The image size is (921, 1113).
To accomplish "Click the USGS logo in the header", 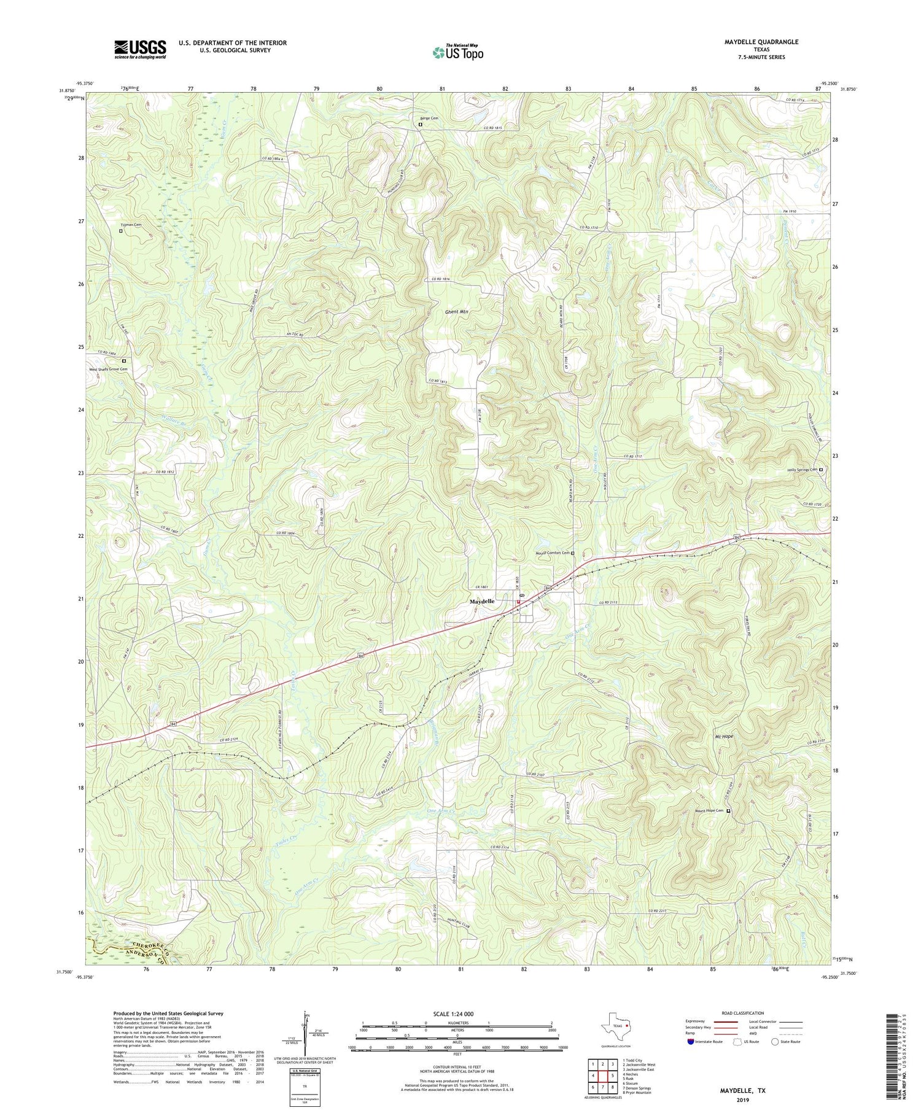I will coord(140,49).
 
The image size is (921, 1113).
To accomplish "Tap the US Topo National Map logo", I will coord(457,52).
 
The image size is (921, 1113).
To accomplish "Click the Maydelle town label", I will coord(482,602).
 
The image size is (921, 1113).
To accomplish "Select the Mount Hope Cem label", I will coord(709,811).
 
